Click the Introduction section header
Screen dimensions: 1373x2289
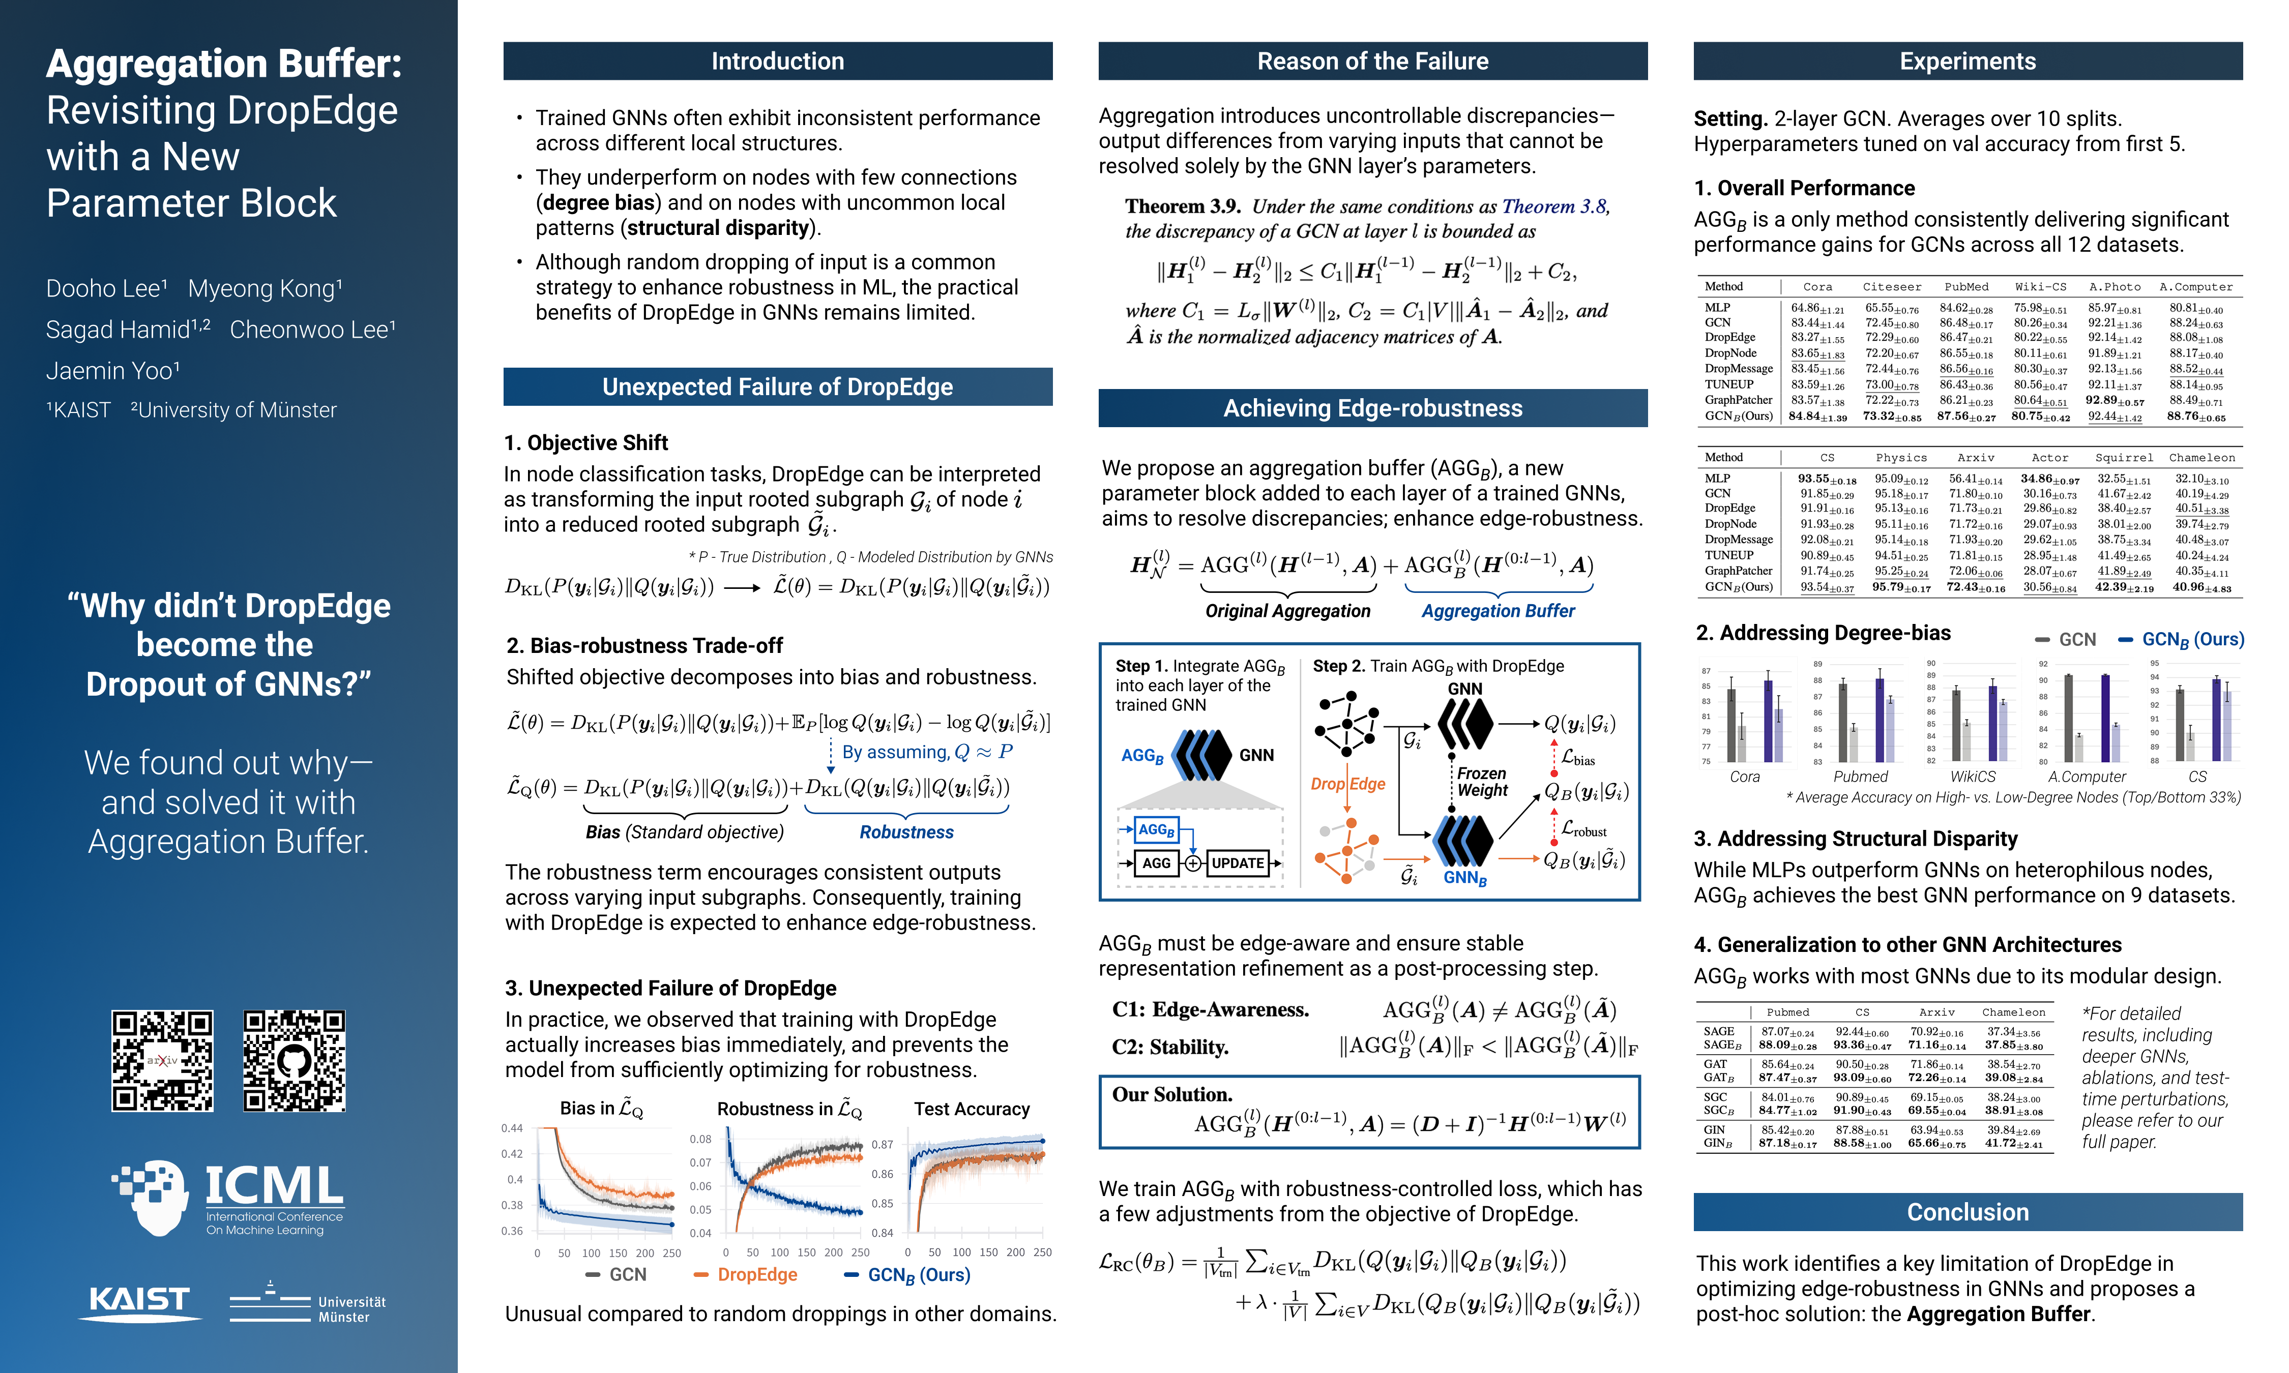[777, 61]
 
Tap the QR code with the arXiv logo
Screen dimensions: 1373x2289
[163, 1060]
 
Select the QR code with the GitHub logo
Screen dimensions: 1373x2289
[294, 1060]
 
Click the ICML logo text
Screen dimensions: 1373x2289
[273, 1187]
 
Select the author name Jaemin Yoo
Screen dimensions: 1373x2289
[113, 371]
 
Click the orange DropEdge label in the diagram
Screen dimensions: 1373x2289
[1347, 784]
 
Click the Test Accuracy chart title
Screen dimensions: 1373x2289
[972, 1109]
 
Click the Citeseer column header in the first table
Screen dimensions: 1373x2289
[1892, 287]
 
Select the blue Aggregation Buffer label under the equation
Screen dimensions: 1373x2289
[1498, 611]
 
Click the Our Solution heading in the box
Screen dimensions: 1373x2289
[1172, 1094]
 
